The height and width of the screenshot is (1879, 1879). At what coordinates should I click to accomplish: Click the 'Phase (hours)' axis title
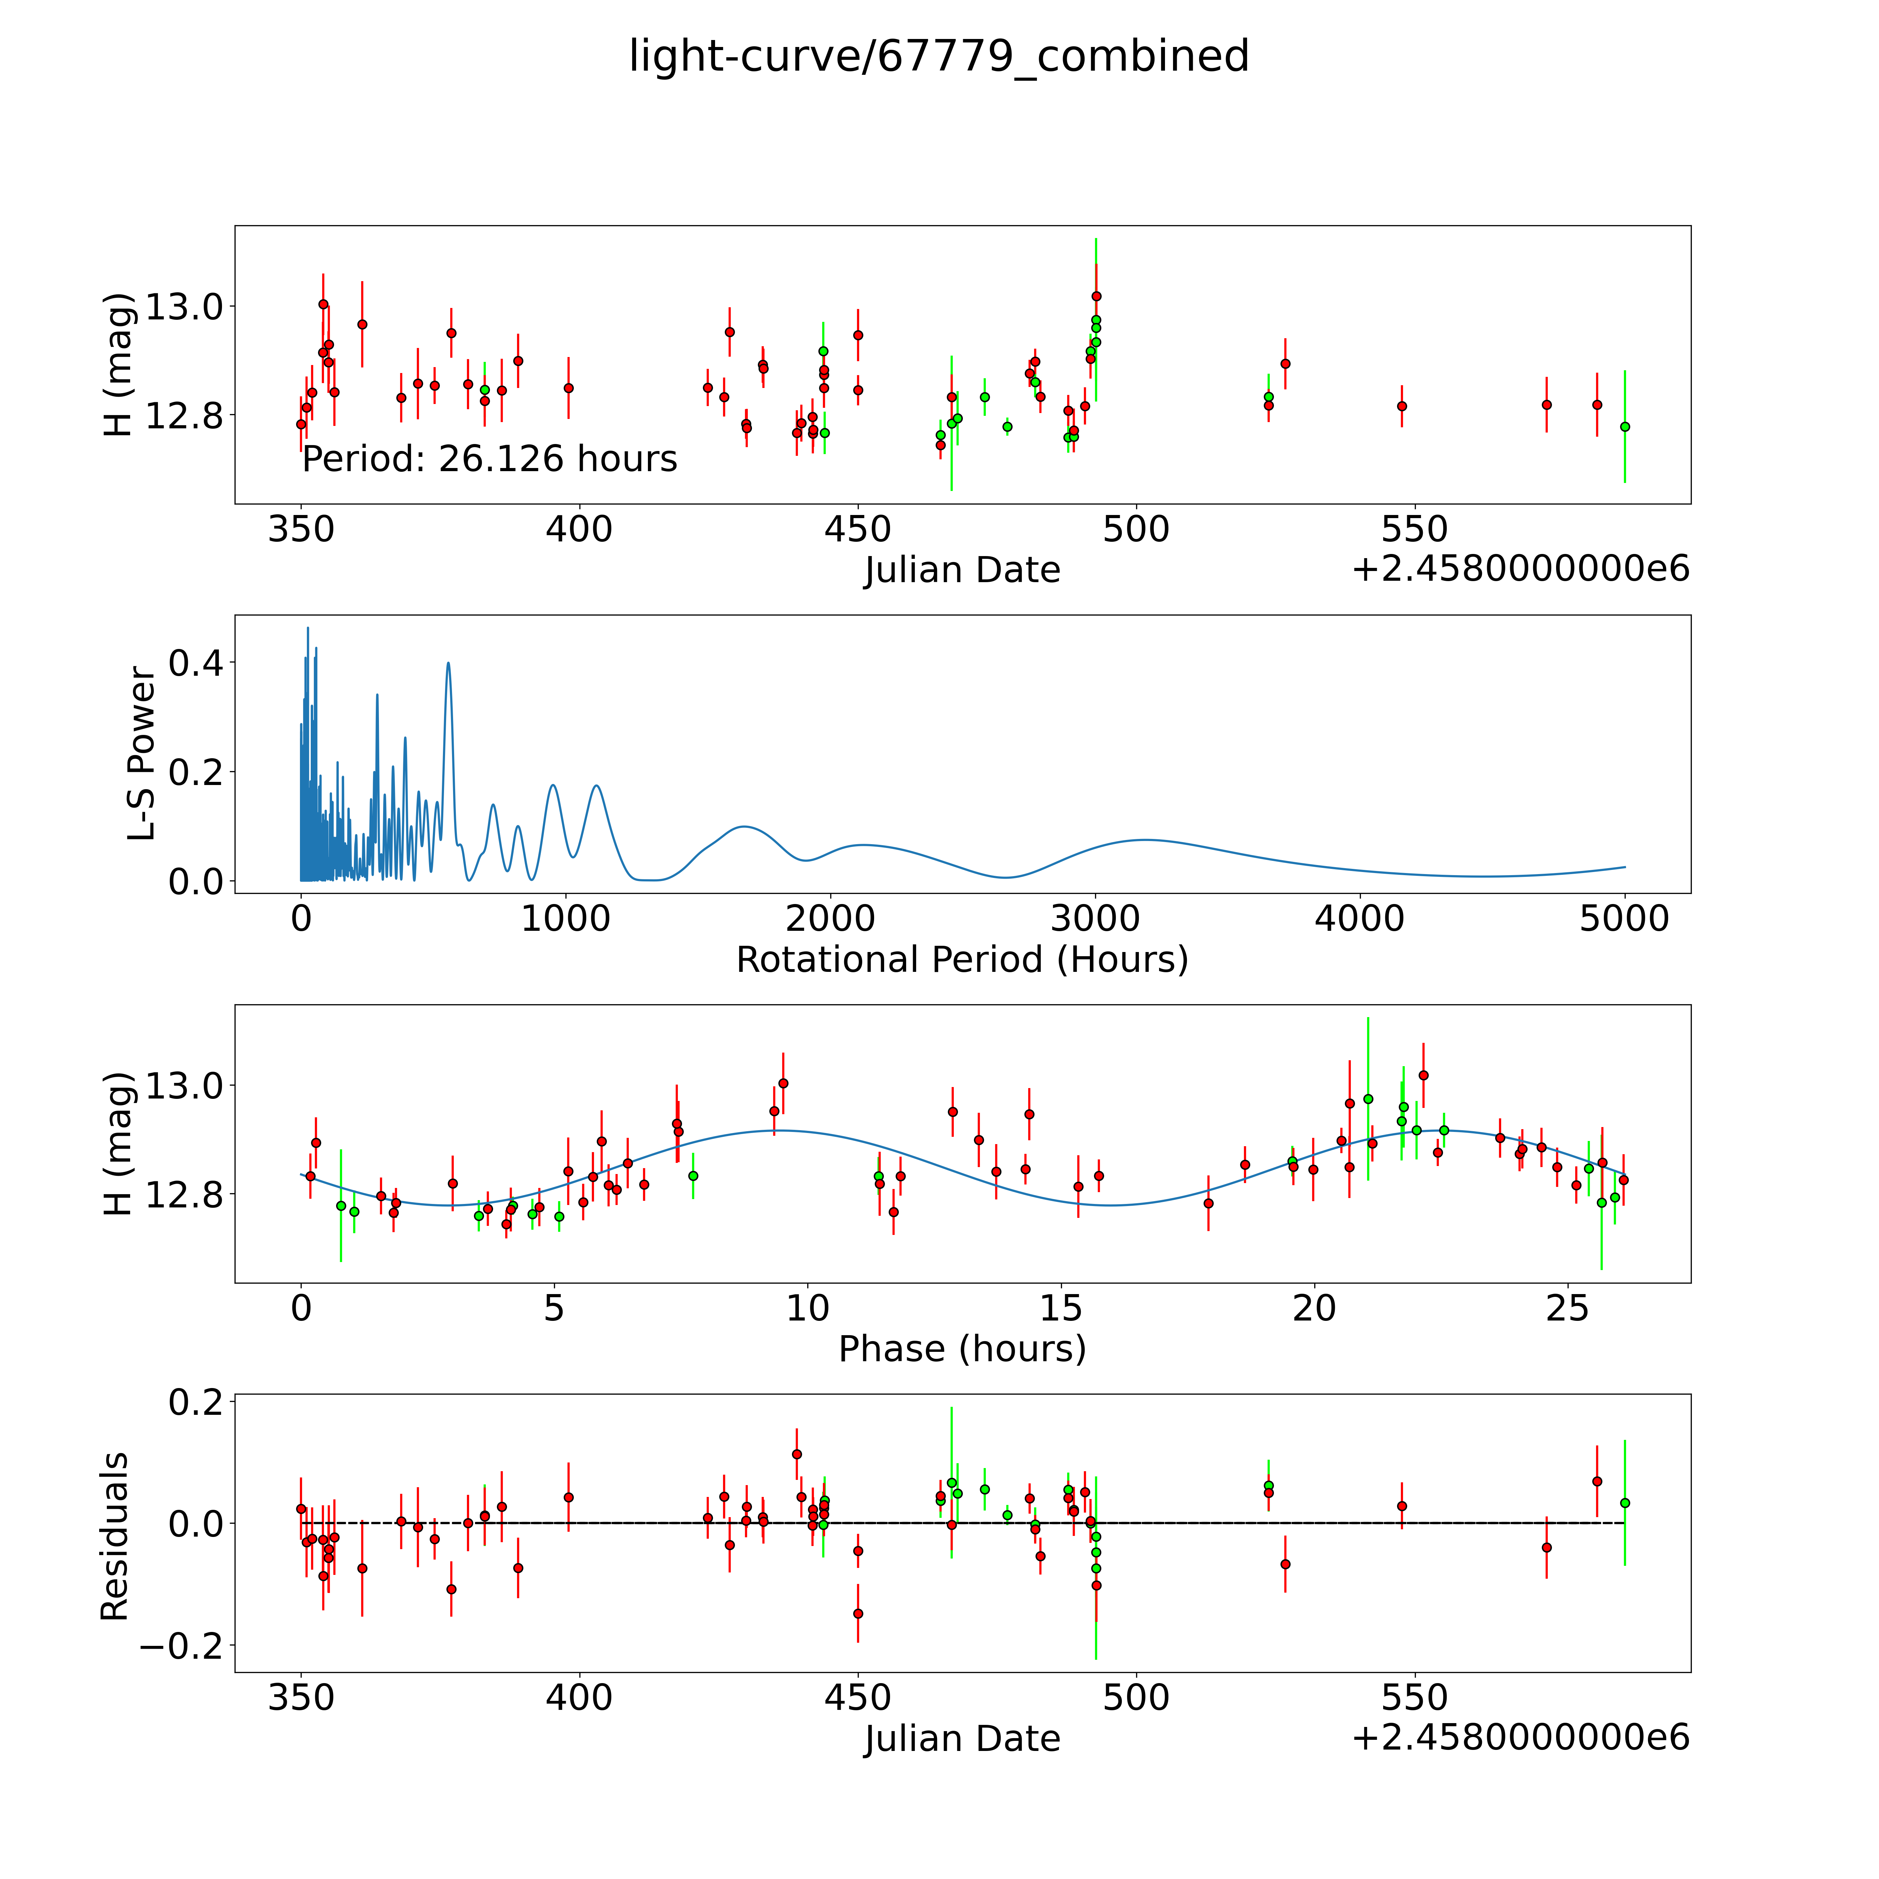pos(962,1349)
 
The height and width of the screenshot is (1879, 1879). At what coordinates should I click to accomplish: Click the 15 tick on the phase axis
pos(1061,1308)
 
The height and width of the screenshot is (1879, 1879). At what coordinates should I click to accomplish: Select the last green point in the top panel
pos(1624,426)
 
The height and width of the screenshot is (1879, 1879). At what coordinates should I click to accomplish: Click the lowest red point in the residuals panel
pos(858,1614)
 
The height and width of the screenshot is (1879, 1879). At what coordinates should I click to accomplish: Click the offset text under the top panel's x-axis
pos(1520,569)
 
